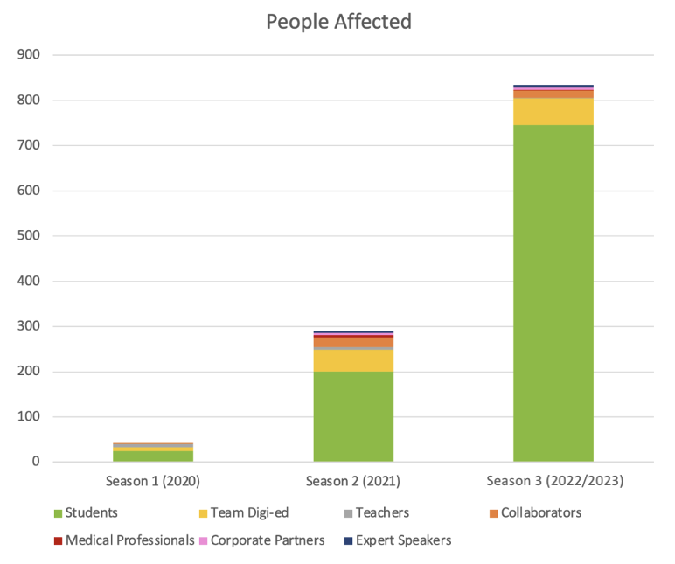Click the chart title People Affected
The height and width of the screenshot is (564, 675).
[x=338, y=22]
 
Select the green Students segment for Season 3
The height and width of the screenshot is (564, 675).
[x=553, y=293]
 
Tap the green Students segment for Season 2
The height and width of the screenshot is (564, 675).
[x=353, y=416]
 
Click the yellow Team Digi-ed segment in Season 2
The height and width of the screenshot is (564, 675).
[x=353, y=360]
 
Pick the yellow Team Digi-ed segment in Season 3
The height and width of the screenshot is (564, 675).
[x=553, y=112]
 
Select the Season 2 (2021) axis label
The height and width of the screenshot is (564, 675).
[x=353, y=481]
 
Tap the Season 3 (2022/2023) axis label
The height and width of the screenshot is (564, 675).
[x=553, y=481]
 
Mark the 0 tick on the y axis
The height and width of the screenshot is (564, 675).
[x=36, y=462]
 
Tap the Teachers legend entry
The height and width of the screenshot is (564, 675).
[x=379, y=512]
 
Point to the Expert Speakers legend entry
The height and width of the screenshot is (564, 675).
[x=397, y=540]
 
